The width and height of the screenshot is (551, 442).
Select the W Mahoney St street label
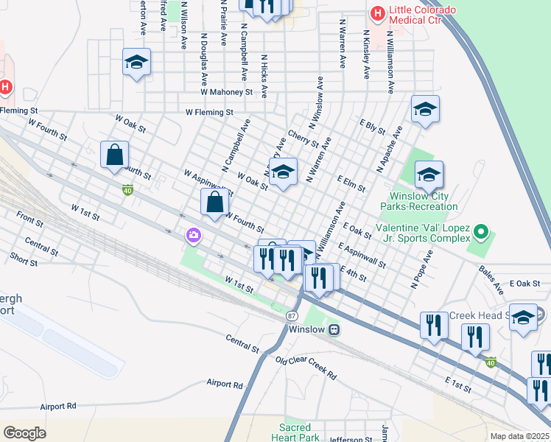pyautogui.click(x=226, y=93)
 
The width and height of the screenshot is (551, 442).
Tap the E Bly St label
pyautogui.click(x=372, y=126)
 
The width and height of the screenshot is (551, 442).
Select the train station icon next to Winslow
pyautogui.click(x=334, y=329)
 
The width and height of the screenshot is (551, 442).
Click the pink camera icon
pyautogui.click(x=194, y=235)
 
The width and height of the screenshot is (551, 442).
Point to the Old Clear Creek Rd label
pyautogui.click(x=306, y=366)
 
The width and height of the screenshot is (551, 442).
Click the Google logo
pyautogui.click(x=24, y=432)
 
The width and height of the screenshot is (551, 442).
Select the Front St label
pyautogui.click(x=29, y=220)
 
